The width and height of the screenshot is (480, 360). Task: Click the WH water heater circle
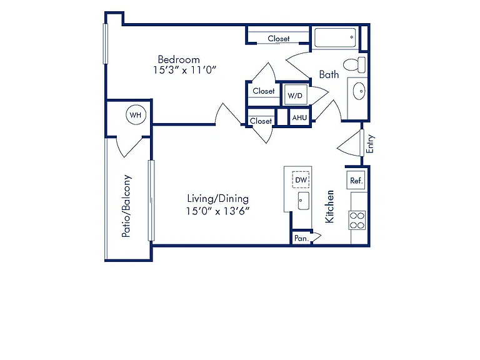click(136, 115)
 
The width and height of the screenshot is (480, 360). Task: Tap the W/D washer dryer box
click(296, 95)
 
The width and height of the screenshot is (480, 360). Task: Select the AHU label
click(299, 117)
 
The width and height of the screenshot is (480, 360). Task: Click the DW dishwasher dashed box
click(301, 180)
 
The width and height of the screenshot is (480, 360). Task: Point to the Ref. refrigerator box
click(356, 180)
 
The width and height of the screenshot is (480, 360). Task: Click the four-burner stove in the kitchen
click(357, 221)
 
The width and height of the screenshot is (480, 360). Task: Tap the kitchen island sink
click(303, 201)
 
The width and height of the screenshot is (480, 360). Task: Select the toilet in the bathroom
click(354, 64)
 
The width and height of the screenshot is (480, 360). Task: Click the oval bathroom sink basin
click(359, 91)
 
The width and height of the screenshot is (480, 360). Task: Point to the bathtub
click(335, 37)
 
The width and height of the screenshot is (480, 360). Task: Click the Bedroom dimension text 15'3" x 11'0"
click(184, 70)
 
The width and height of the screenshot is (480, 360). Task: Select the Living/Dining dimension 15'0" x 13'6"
click(217, 211)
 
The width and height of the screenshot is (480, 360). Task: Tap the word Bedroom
click(179, 59)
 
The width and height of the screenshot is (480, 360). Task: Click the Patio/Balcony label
click(126, 206)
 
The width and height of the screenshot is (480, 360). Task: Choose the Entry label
click(370, 144)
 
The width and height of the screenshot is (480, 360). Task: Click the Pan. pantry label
click(301, 238)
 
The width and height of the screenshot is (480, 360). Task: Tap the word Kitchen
click(329, 206)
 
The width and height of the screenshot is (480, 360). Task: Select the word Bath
click(329, 74)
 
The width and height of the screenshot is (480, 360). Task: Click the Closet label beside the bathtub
click(279, 39)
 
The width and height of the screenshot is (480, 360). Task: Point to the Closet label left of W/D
click(264, 91)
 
